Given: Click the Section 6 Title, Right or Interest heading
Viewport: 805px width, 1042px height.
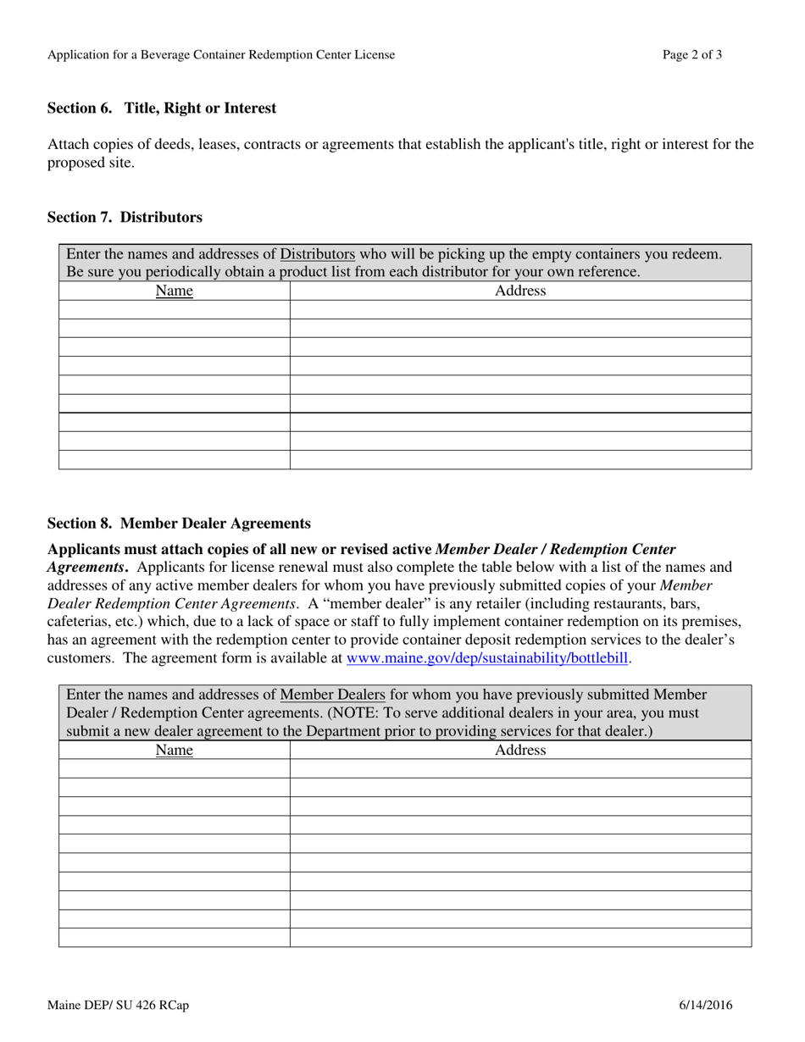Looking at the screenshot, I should (161, 108).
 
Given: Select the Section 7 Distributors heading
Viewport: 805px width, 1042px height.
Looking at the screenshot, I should (125, 218).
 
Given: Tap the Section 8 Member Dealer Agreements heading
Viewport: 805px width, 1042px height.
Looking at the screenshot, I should (179, 524).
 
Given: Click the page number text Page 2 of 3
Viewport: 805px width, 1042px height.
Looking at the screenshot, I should (692, 55).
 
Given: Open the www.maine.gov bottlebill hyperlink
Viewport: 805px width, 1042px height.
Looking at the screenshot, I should (488, 657).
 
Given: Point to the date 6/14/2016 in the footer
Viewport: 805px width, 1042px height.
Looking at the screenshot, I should (706, 1006).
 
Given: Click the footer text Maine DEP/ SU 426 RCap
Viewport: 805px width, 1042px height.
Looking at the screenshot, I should (118, 1006).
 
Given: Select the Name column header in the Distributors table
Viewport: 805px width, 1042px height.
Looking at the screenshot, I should (175, 291).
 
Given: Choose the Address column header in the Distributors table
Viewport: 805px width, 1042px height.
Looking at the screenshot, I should (520, 291).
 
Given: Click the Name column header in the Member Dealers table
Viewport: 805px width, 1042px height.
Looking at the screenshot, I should (175, 751).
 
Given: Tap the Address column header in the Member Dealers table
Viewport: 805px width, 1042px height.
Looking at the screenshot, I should (520, 751).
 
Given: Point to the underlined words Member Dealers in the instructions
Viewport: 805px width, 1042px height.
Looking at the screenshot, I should (332, 696).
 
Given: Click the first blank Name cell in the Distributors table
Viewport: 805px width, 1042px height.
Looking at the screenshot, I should (175, 310).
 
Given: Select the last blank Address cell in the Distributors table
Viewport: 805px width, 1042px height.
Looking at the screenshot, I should (520, 459).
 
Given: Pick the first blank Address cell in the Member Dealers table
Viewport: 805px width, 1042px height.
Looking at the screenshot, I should (520, 769).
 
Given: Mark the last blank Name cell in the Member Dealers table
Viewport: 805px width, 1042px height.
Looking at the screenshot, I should (175, 937).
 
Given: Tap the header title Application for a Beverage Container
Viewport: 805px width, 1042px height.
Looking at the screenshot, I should (220, 55).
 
